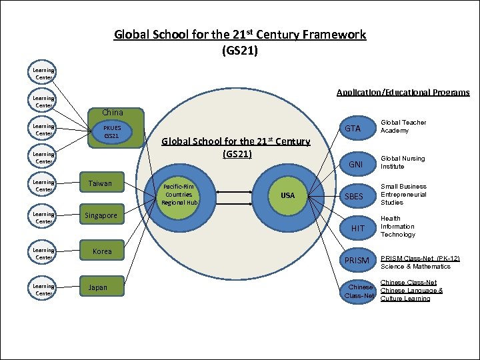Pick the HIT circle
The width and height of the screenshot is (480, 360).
pos(358,228)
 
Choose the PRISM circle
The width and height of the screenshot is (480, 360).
pos(358,260)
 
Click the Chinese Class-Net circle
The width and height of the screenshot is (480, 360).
pos(358,291)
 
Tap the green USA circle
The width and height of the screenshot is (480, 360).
pos(287,195)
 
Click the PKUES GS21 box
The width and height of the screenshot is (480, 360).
pos(111,131)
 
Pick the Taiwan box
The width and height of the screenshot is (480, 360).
pos(101,183)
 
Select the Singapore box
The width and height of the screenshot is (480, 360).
pos(101,215)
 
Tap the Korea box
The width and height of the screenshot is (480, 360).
pos(102,251)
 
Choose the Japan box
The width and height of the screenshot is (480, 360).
pos(99,288)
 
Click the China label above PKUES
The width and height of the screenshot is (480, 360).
pos(112,112)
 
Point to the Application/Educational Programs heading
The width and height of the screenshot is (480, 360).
pos(403,92)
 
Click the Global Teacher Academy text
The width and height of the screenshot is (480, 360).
pos(403,127)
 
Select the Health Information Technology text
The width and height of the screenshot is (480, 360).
pos(397,227)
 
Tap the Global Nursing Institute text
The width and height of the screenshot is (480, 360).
pos(402,162)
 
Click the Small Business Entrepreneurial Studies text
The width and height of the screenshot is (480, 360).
pos(403,194)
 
